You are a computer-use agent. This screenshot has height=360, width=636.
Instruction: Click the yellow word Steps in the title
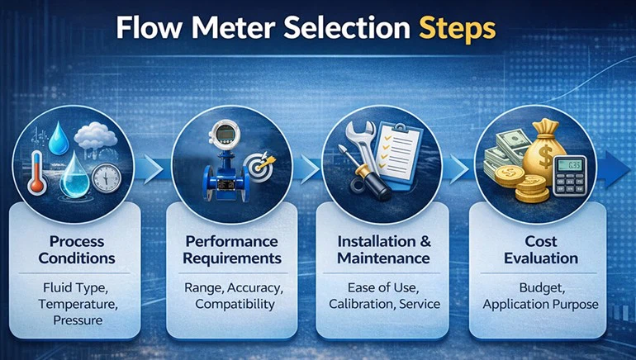pyautogui.click(x=457, y=29)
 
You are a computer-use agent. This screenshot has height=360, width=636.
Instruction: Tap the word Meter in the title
pyautogui.click(x=233, y=28)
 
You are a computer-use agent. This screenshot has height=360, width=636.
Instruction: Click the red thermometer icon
pyautogui.click(x=36, y=172)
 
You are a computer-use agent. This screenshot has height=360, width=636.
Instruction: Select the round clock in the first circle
pyautogui.click(x=107, y=178)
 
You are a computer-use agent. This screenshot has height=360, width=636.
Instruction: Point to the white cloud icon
pyautogui.click(x=96, y=135)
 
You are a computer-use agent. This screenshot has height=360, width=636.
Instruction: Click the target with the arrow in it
pyautogui.click(x=259, y=166)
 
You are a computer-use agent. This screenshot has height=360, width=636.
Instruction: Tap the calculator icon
pyautogui.click(x=570, y=176)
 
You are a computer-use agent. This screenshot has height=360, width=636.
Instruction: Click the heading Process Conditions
pyautogui.click(x=77, y=249)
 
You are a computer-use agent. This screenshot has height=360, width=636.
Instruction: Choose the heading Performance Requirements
pyautogui.click(x=232, y=249)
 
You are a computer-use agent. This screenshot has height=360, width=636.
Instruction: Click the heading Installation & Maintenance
pyautogui.click(x=384, y=249)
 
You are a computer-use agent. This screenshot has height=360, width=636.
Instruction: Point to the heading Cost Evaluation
pyautogui.click(x=541, y=249)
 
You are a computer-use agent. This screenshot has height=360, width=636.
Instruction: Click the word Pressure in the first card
pyautogui.click(x=78, y=320)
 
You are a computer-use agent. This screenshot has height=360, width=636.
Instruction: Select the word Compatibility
pyautogui.click(x=235, y=304)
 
